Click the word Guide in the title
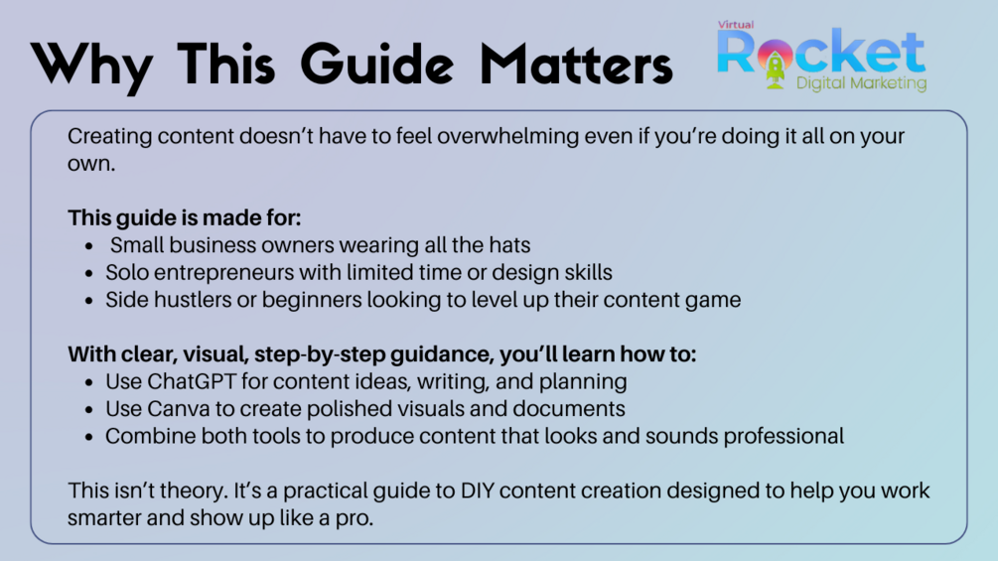[x=376, y=65]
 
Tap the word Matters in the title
[x=576, y=65]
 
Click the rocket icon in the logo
[x=775, y=64]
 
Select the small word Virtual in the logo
[x=736, y=25]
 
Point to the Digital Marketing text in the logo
[x=861, y=83]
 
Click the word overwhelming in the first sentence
[x=507, y=136]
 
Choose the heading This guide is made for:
[x=185, y=217]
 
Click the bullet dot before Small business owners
[x=89, y=245]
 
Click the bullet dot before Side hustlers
[x=89, y=300]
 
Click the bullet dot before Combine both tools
[x=89, y=437]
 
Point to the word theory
[x=194, y=491]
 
